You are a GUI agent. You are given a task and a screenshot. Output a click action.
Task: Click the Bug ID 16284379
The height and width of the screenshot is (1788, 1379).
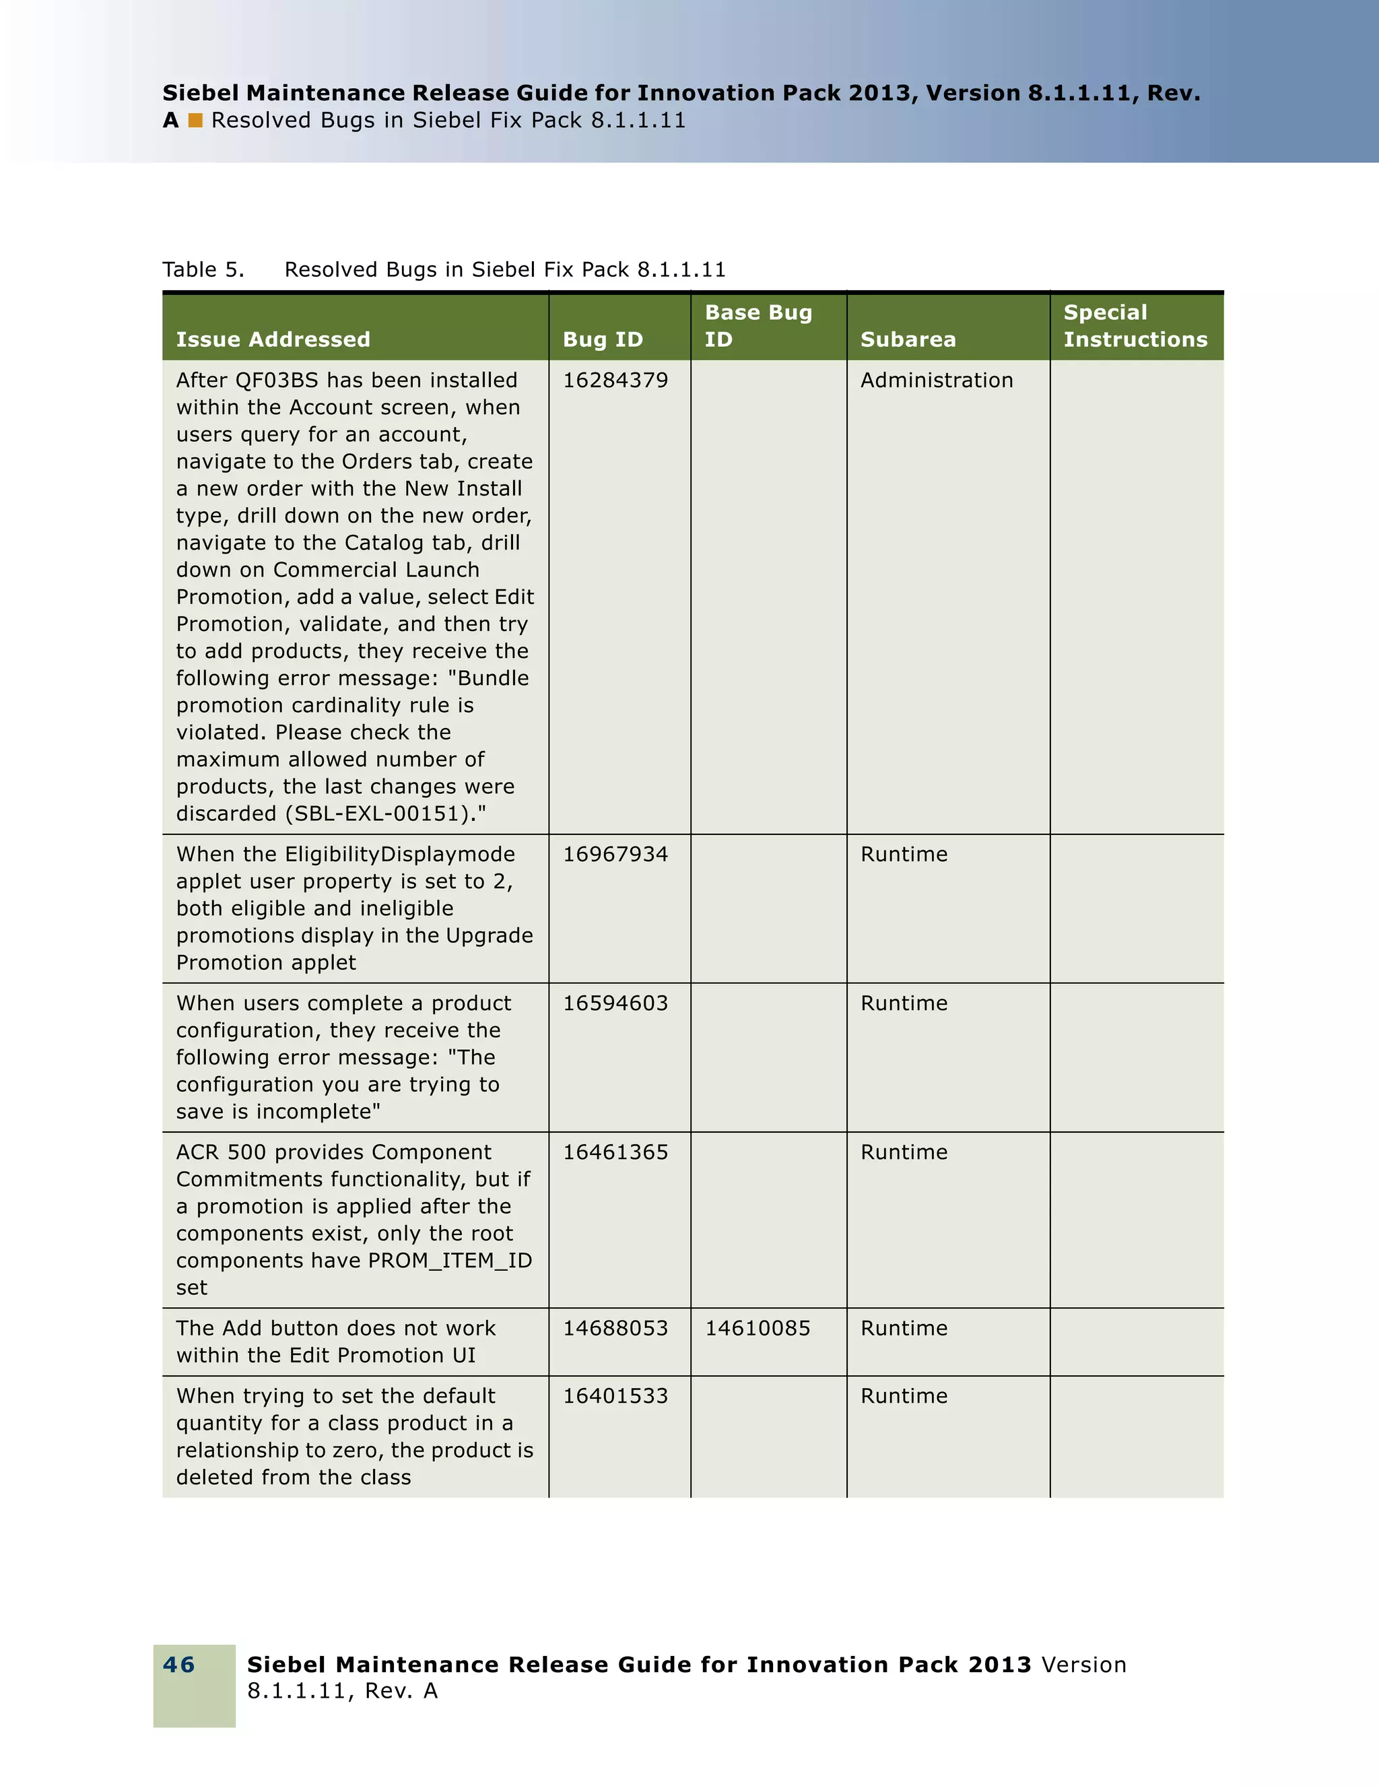point(615,380)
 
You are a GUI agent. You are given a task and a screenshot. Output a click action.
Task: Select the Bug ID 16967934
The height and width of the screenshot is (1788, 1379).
point(615,855)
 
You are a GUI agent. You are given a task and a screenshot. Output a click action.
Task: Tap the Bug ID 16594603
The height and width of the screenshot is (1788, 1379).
point(615,1003)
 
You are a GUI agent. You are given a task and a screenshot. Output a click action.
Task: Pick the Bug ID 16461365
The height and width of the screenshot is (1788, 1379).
point(615,1153)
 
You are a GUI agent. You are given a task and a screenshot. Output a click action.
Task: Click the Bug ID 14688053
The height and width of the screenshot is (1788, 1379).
point(615,1329)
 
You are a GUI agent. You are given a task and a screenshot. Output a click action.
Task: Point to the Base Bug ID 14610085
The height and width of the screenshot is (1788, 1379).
point(758,1329)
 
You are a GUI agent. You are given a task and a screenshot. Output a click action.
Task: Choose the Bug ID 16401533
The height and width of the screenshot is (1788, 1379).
point(615,1397)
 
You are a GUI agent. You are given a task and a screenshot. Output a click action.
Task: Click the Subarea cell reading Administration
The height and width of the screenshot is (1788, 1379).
point(936,380)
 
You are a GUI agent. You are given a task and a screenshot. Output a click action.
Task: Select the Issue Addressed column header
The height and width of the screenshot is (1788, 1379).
point(273,339)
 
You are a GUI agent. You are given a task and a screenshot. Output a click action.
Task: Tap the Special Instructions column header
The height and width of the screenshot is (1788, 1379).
point(1135,326)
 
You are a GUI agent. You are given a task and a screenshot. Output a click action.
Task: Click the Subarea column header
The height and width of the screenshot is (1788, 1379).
point(908,339)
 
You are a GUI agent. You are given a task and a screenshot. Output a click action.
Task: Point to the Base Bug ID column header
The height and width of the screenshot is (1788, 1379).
point(759,326)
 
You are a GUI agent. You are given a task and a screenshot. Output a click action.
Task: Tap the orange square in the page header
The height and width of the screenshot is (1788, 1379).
point(195,121)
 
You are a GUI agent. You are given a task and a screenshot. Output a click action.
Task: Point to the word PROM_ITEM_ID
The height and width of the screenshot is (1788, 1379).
point(450,1261)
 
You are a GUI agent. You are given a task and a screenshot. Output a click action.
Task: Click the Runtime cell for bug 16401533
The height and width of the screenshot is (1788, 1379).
point(904,1397)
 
